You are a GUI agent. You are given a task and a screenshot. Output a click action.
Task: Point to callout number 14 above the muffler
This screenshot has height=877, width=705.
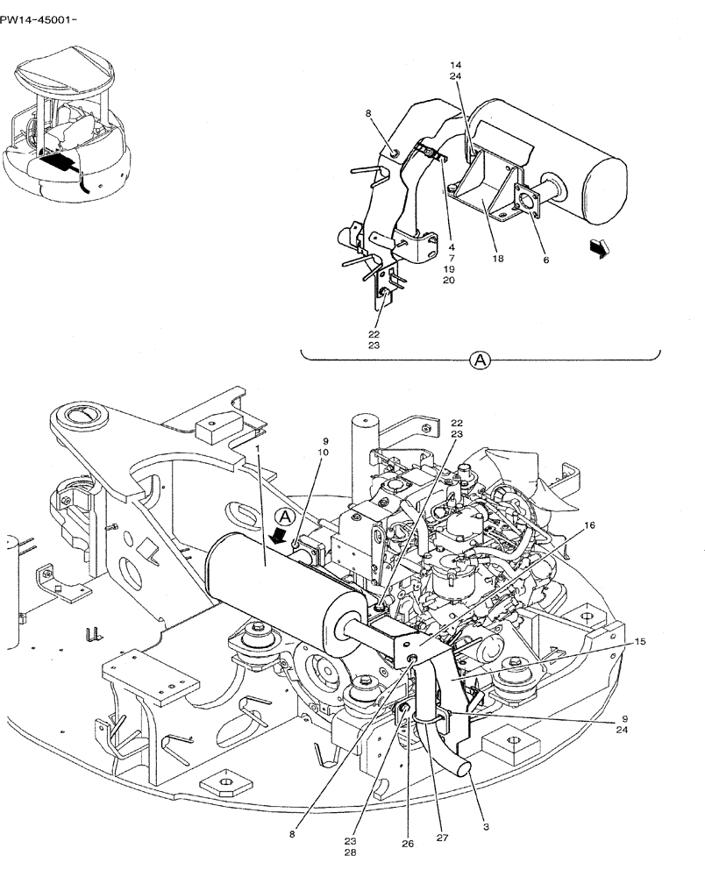tap(455, 66)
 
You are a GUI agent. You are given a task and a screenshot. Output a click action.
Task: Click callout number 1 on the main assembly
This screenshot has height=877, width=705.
tap(259, 448)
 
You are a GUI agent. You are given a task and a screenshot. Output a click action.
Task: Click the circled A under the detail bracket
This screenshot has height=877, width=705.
tap(480, 359)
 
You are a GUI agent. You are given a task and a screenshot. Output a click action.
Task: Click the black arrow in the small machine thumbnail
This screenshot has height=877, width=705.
tap(57, 163)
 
